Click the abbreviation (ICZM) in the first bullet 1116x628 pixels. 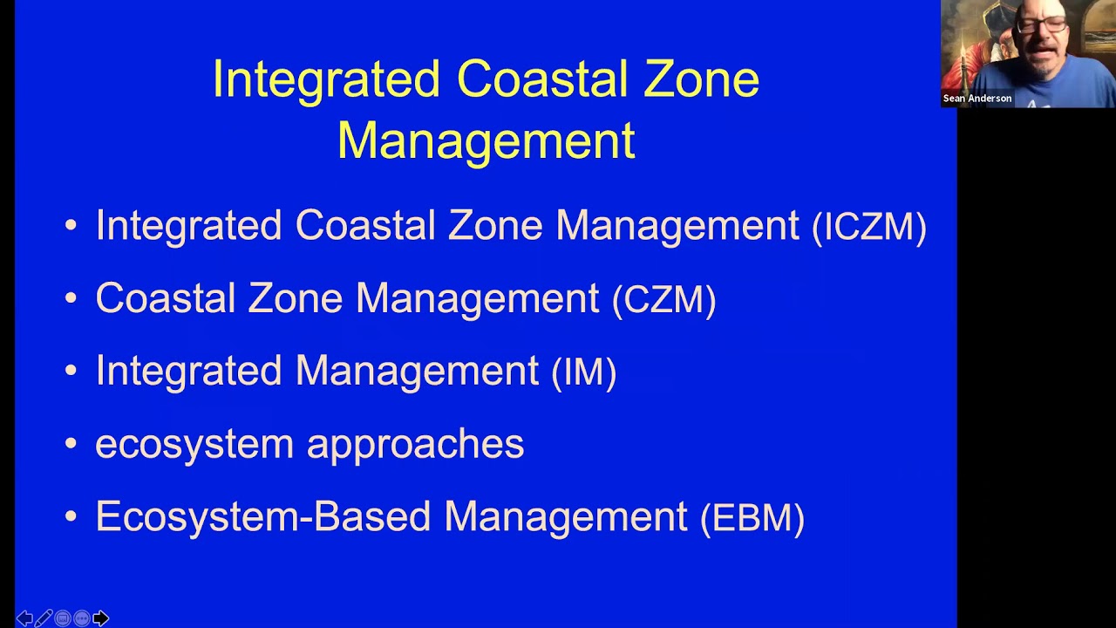coord(868,228)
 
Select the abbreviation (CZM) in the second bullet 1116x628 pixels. coord(663,300)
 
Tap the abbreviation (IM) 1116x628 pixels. coord(584,372)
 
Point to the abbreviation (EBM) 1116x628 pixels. coord(752,518)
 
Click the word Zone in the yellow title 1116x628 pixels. coord(701,79)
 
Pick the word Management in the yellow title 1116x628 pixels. coord(486,140)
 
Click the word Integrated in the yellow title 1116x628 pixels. coord(326,79)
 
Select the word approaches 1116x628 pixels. coord(415,444)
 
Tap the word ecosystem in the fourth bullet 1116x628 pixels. coord(194,444)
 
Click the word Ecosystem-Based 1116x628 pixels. coord(262,516)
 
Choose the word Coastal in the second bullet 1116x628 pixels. coord(166,298)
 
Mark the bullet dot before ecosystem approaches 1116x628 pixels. coord(71,445)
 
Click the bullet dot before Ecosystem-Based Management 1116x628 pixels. coord(71,517)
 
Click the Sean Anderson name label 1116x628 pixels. coord(976,99)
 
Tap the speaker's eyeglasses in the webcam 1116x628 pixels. coord(1043,26)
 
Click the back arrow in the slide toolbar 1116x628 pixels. coord(24,618)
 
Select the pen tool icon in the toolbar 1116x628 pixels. coord(44,618)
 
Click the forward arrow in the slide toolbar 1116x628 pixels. coord(100,618)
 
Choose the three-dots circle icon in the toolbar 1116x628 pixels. coord(82,618)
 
